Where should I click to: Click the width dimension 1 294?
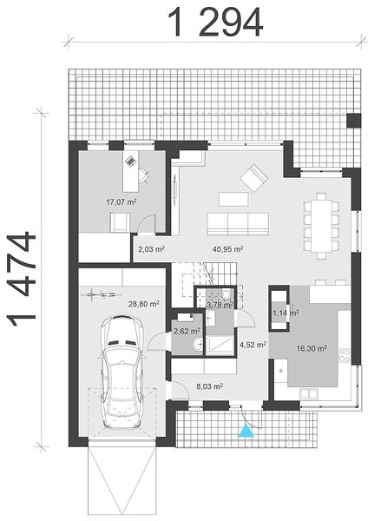point(216,22)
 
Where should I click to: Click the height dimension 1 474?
point(21,280)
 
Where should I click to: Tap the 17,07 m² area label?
point(121,201)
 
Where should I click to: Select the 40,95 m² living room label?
point(228,249)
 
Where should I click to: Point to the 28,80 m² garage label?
point(144,304)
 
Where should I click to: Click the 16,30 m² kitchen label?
point(312,348)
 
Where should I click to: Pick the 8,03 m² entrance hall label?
point(209,386)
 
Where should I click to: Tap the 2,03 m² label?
point(152,249)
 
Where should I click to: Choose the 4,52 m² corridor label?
point(253,345)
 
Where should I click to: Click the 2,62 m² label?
point(187,331)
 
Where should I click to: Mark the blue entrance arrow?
point(246,431)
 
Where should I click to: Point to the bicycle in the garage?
point(102,293)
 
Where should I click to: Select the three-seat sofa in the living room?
point(238,224)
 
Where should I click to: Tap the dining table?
point(321,226)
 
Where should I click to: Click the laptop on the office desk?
point(130,161)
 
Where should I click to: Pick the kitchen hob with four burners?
point(345,355)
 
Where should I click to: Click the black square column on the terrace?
point(354,121)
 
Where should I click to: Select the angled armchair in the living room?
point(254,178)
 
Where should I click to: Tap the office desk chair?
point(144,175)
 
